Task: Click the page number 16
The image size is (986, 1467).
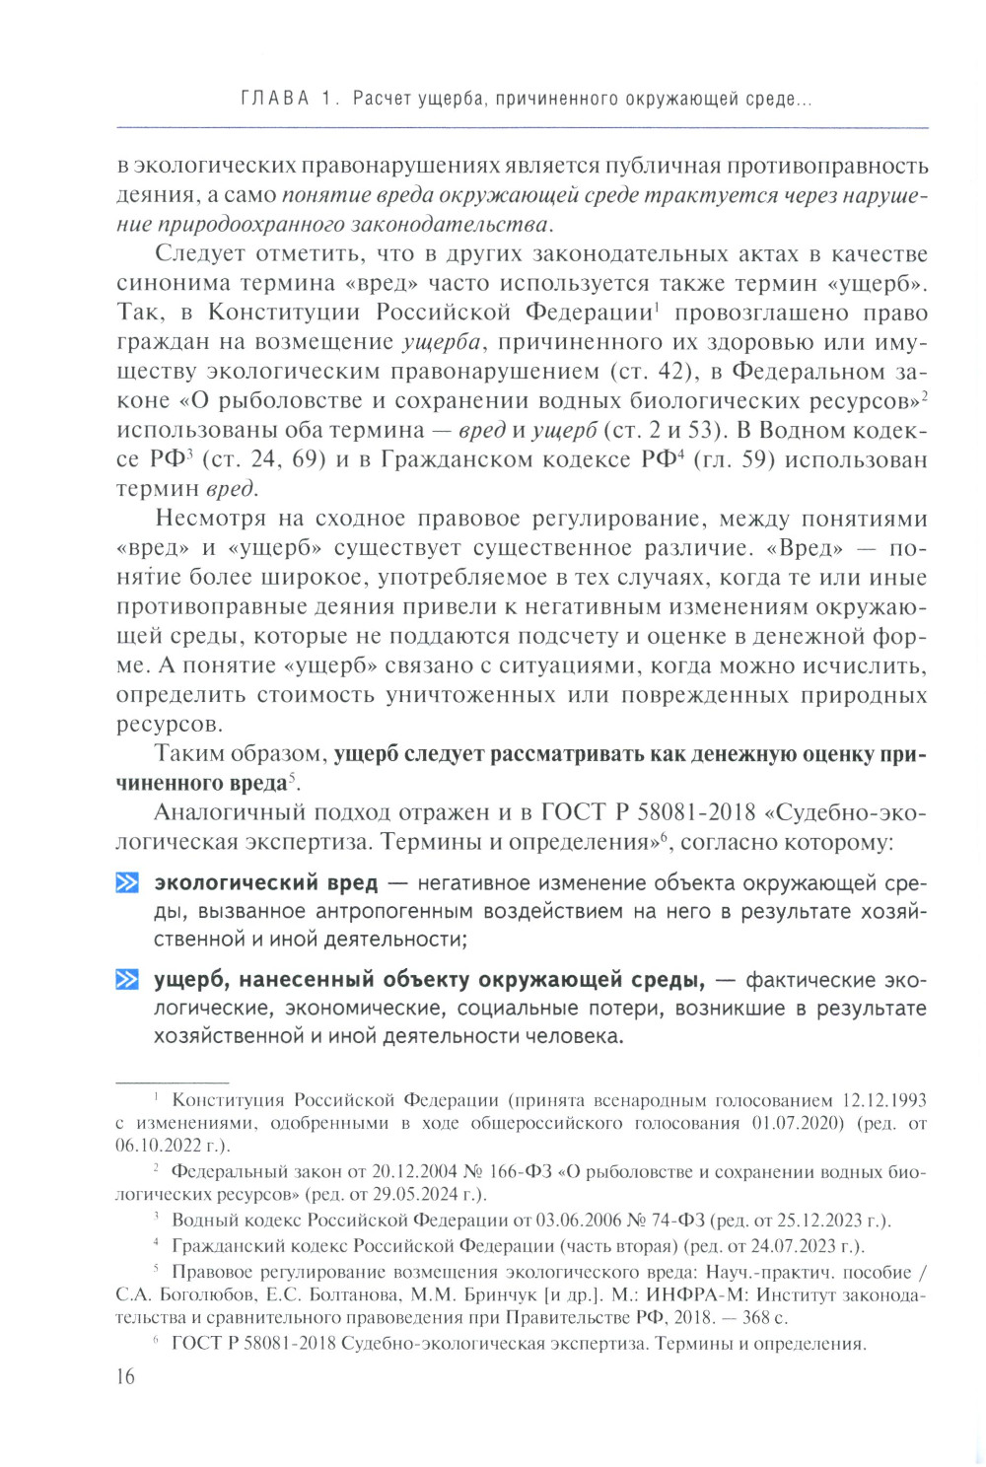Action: pos(125,1376)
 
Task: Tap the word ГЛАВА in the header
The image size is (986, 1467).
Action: pos(275,99)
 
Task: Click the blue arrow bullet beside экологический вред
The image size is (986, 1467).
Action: pos(127,882)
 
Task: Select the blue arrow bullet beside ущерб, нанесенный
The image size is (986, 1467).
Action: pos(127,980)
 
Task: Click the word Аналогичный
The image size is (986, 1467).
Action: pos(223,812)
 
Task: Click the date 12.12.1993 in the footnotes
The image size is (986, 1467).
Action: pos(883,1100)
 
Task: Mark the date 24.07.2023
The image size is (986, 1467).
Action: pos(785,1246)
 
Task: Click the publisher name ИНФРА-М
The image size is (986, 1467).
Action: pos(622,1295)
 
